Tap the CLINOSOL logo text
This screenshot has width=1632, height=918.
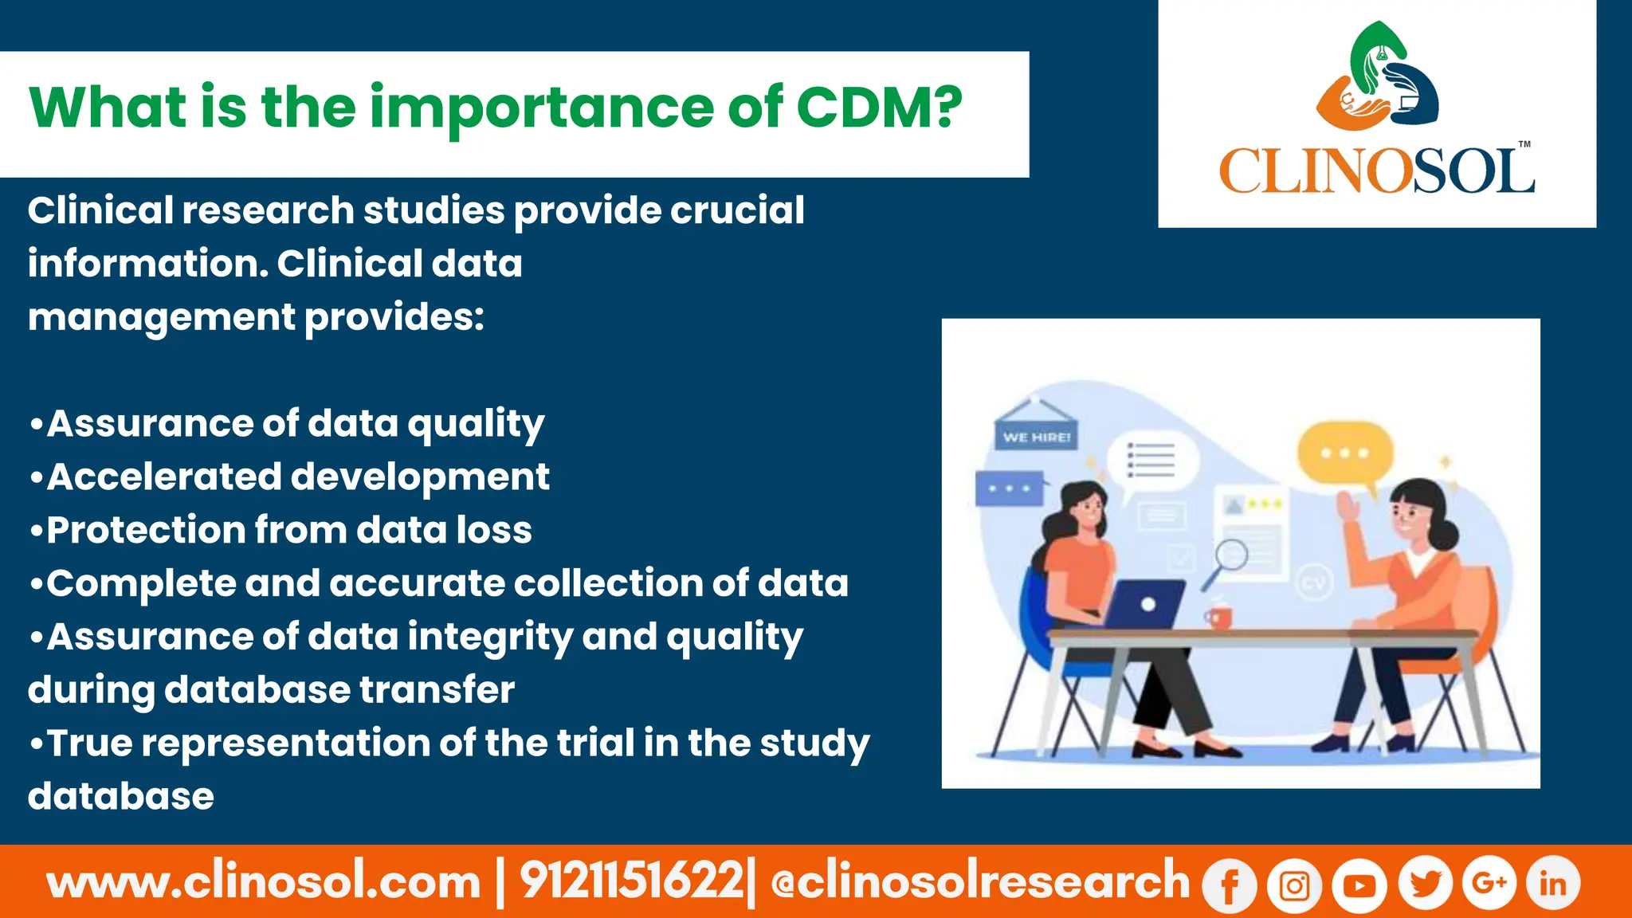1376,171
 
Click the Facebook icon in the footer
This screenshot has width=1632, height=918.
1229,885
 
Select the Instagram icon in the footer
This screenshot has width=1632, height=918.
1294,885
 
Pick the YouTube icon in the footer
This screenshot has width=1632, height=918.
1359,885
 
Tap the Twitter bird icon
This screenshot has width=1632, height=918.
1425,884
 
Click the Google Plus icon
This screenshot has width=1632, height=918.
1489,883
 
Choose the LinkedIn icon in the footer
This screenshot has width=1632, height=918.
1552,883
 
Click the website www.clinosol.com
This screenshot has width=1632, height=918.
264,882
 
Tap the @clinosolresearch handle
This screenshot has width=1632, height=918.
980,882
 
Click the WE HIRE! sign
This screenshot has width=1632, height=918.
1036,437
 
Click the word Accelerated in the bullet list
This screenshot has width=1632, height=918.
164,477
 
